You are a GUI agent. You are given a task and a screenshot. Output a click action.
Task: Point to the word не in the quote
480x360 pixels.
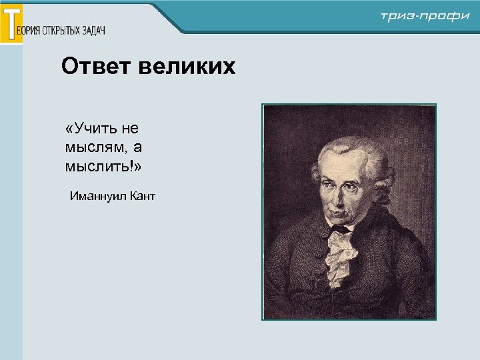pos(129,127)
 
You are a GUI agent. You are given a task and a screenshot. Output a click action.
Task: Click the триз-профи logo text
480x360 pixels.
pos(425,16)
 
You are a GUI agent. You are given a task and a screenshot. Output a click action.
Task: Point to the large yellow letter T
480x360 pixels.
pos(11,23)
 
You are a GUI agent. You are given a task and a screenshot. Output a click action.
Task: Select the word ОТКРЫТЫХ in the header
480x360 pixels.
pos(62,31)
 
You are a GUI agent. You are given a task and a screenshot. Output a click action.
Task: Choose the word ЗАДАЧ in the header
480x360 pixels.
pos(93,31)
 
